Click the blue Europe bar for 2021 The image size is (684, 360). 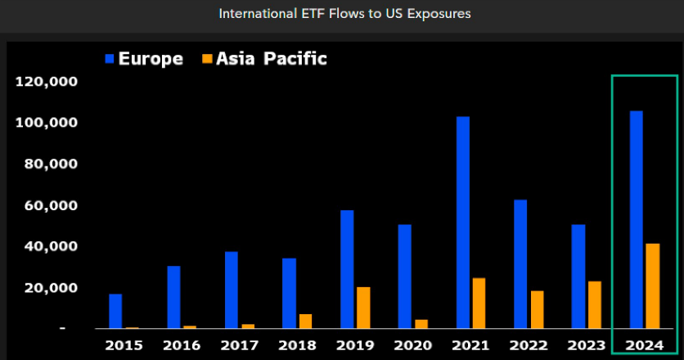pyautogui.click(x=463, y=222)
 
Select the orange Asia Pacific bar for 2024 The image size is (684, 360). pyautogui.click(x=652, y=286)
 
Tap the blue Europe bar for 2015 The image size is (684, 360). pyautogui.click(x=115, y=311)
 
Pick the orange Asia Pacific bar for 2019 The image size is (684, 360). pyautogui.click(x=363, y=308)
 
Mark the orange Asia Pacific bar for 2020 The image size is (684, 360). pyautogui.click(x=421, y=324)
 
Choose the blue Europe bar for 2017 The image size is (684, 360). pyautogui.click(x=232, y=290)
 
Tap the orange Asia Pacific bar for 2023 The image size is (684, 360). pyautogui.click(x=595, y=304)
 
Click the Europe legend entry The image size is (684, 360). pyautogui.click(x=143, y=58)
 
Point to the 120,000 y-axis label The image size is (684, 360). pyautogui.click(x=46, y=82)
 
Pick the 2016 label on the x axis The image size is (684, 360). pyautogui.click(x=181, y=344)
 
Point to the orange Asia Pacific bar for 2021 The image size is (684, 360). pyautogui.click(x=479, y=303)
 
